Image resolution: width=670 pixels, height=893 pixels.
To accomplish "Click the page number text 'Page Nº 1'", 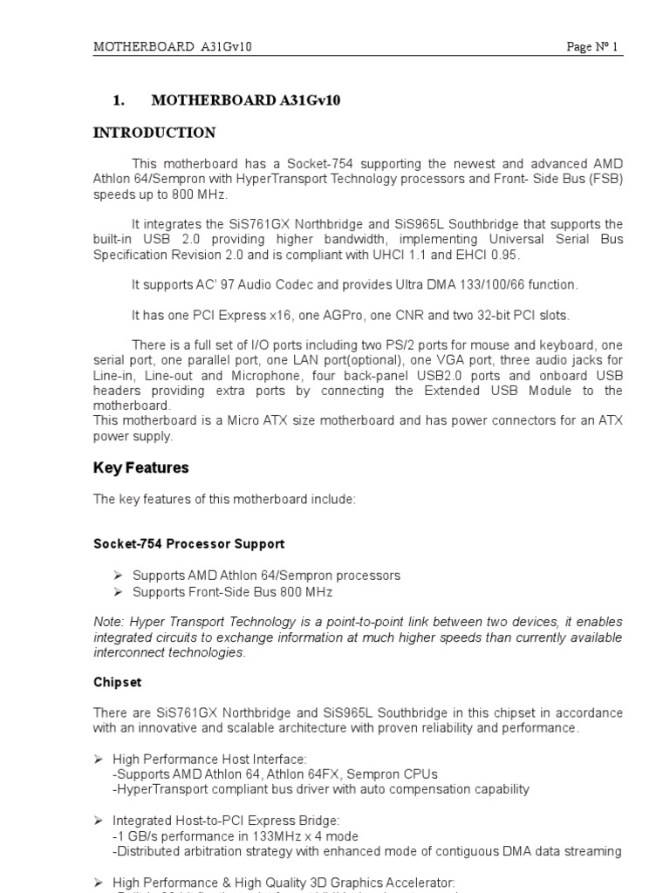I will pos(591,47).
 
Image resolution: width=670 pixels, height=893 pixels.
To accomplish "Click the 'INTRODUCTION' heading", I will pos(154,133).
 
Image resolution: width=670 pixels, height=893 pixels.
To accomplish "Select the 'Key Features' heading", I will pos(140,468).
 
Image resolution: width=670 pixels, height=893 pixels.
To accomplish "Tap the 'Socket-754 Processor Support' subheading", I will pos(188,543).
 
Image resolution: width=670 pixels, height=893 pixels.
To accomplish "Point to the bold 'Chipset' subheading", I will pos(117,681).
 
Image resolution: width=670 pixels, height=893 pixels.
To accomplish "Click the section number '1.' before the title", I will pos(120,100).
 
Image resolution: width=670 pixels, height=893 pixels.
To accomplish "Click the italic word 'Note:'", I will pos(109,622).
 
